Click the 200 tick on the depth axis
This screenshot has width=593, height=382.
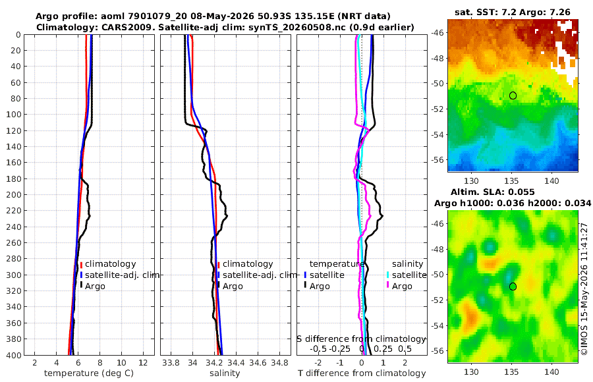(15, 194)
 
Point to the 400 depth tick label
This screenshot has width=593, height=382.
(15, 355)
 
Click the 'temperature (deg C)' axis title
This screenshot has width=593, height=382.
(89, 373)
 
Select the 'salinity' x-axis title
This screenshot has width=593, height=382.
(225, 373)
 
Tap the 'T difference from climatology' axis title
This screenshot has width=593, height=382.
(362, 373)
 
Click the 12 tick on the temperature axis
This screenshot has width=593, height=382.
(143, 363)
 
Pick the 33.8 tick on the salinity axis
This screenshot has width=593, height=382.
(171, 363)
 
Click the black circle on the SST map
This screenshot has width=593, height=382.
(513, 95)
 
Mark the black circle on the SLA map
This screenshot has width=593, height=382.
(513, 286)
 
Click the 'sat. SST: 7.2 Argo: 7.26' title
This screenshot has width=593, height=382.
(513, 12)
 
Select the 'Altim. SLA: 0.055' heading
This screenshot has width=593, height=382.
(492, 192)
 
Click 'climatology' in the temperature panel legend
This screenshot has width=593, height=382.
(111, 264)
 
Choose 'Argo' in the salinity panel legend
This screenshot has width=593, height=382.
(233, 286)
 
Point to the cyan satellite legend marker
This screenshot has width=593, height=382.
(387, 275)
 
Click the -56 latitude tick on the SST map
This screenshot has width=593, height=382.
(438, 159)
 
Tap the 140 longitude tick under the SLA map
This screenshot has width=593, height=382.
(551, 372)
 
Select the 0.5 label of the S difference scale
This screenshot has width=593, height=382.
(405, 348)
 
